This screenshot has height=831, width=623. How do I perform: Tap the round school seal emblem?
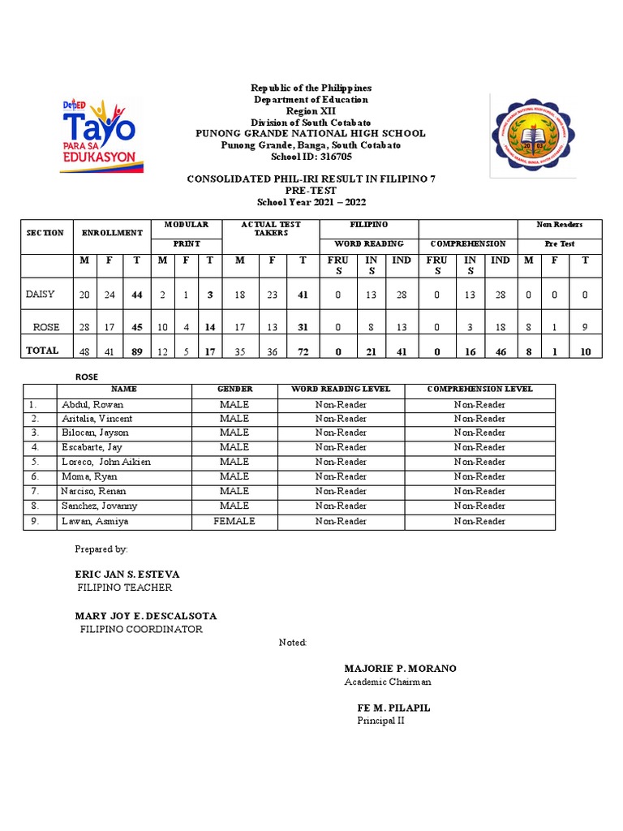(532, 136)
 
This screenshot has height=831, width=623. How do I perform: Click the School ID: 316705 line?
(311, 157)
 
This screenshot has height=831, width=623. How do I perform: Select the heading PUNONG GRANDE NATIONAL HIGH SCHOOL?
(311, 133)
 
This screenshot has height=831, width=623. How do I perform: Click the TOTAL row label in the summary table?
(42, 351)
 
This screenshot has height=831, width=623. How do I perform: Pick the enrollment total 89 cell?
(137, 351)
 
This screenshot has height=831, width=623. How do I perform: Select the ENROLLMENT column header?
(111, 233)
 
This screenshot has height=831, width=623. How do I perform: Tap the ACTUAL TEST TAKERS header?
(271, 228)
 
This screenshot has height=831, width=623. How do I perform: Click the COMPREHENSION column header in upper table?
(468, 243)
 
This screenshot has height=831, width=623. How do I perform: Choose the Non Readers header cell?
(560, 224)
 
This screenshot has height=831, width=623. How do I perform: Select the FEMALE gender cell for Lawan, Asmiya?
(234, 521)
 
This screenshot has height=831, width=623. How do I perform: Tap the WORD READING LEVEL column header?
(341, 389)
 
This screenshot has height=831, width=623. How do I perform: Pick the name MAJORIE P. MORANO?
(400, 669)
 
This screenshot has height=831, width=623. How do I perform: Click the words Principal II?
(380, 721)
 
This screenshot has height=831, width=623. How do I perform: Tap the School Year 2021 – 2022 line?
(311, 202)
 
